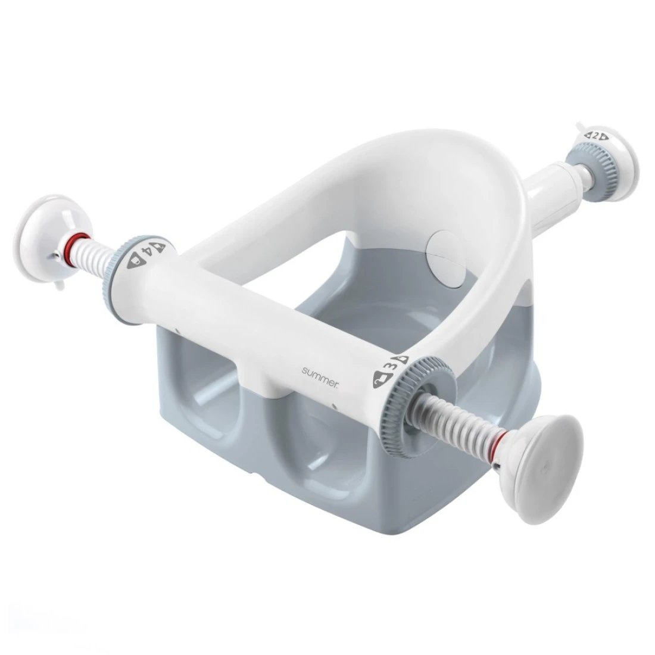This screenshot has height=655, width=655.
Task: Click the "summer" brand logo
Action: (x=320, y=371)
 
